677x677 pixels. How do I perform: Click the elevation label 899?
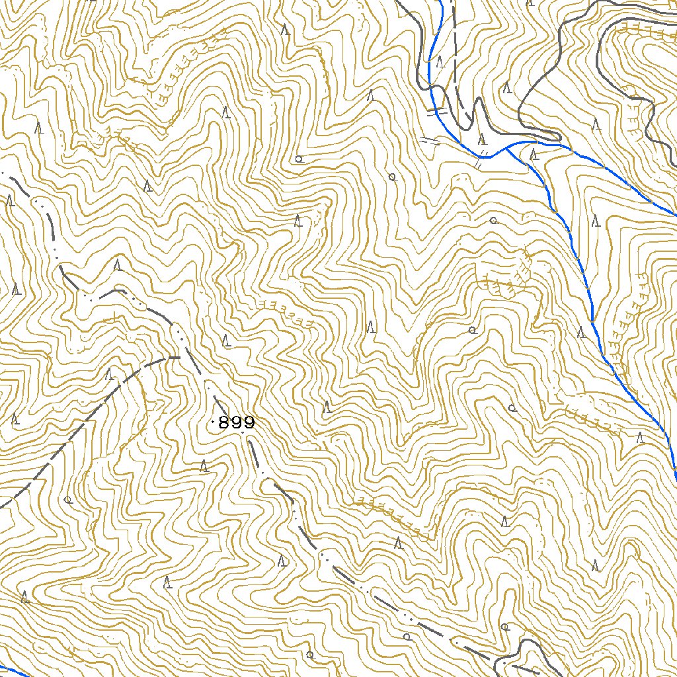tap(236, 423)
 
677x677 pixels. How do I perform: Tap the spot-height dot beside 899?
tap(212, 422)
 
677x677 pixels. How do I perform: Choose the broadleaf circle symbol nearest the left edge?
tap(68, 500)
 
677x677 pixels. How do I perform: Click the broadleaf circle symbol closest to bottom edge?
tap(309, 655)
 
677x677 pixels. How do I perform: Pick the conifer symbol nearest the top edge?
tap(285, 30)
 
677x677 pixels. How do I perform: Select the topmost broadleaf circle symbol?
tap(299, 159)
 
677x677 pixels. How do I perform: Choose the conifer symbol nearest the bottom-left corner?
tap(24, 597)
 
